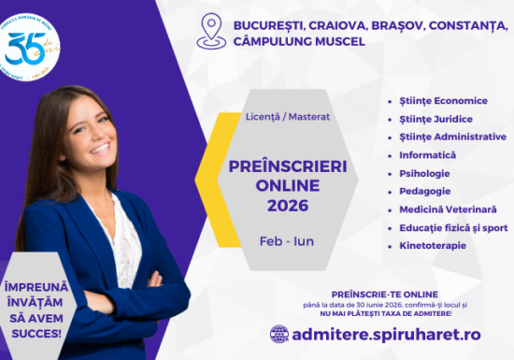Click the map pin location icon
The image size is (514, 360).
click(x=211, y=29)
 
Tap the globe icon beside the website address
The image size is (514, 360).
click(x=279, y=333)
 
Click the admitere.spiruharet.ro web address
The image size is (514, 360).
click(x=387, y=333)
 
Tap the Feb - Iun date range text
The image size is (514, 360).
click(x=287, y=240)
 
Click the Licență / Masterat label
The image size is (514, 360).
click(x=287, y=117)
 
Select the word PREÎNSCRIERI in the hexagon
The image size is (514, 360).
click(x=287, y=165)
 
